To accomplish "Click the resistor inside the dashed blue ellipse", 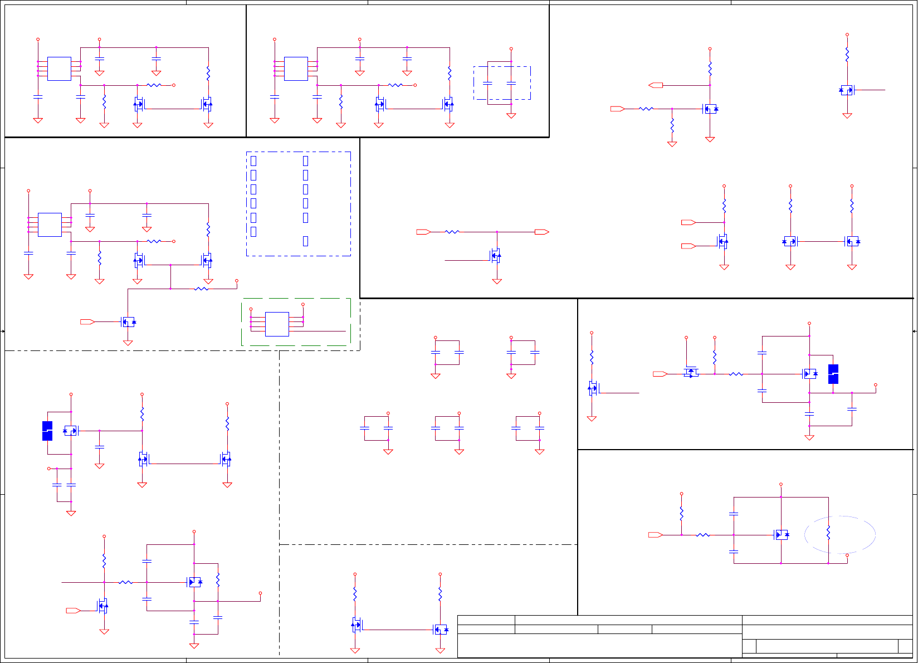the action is (828, 533).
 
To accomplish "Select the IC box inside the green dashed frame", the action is (277, 324).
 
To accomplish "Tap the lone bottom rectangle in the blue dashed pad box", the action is (305, 241).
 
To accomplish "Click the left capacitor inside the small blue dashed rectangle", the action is (487, 83).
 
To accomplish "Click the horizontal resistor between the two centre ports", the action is (452, 232).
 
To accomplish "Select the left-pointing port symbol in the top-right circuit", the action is (656, 85).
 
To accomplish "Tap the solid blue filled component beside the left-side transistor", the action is (47, 431).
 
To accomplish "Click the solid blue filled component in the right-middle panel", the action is (833, 374).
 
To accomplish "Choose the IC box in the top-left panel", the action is (59, 69).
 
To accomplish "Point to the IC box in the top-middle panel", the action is (296, 69).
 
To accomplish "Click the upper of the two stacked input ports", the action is (688, 222).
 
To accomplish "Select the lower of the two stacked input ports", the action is (688, 246).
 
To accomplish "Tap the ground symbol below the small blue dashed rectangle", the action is (511, 116).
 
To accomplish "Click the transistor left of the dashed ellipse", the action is (781, 535).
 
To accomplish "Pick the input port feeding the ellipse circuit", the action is (655, 535).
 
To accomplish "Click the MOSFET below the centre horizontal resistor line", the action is (495, 257).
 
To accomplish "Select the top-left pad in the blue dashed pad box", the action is (253, 161).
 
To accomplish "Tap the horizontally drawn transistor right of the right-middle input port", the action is (691, 372).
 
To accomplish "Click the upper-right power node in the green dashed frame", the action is (303, 305).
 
